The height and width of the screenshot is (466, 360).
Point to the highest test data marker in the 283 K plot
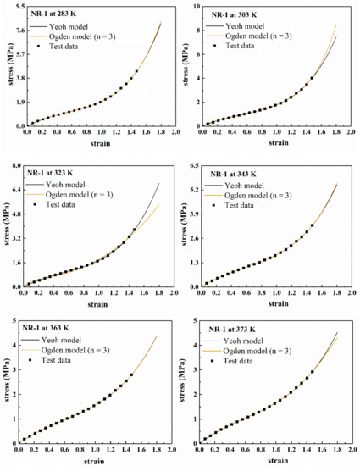(x=136, y=72)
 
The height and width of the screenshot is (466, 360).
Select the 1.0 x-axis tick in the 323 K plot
(x=98, y=293)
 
